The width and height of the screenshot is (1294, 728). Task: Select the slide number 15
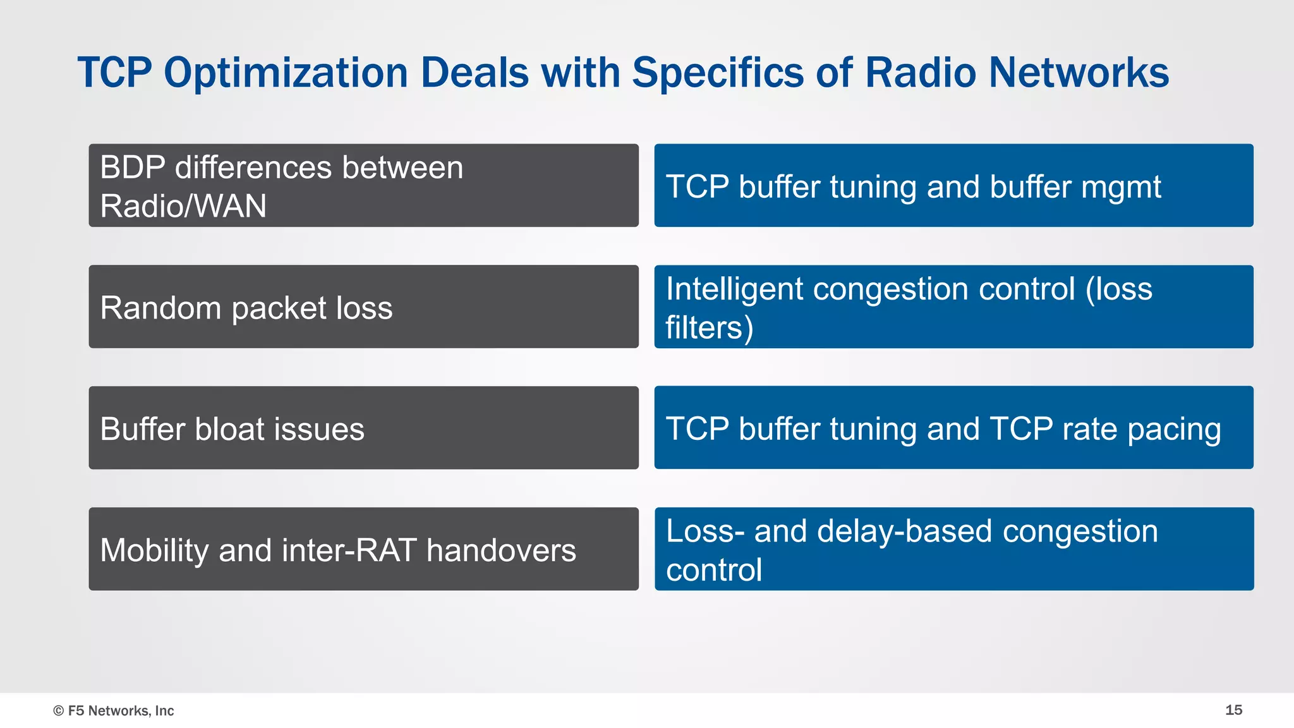(1233, 710)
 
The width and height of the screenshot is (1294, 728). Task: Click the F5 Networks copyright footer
(114, 710)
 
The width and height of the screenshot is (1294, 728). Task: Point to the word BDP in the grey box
(132, 168)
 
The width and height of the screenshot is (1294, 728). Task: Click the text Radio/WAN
(183, 206)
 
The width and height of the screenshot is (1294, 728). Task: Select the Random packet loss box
(363, 306)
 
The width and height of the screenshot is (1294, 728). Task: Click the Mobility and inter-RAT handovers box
(363, 549)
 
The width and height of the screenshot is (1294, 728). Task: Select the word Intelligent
(734, 289)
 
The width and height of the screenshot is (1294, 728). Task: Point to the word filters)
(709, 328)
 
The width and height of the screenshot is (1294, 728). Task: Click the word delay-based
(904, 531)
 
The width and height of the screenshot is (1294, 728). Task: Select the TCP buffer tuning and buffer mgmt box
(953, 185)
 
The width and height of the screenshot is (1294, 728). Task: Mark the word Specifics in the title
(718, 73)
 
